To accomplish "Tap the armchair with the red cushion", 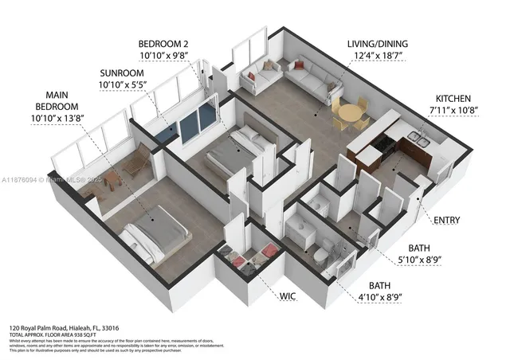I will click(253, 78).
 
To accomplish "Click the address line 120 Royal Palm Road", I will click(64, 328).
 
